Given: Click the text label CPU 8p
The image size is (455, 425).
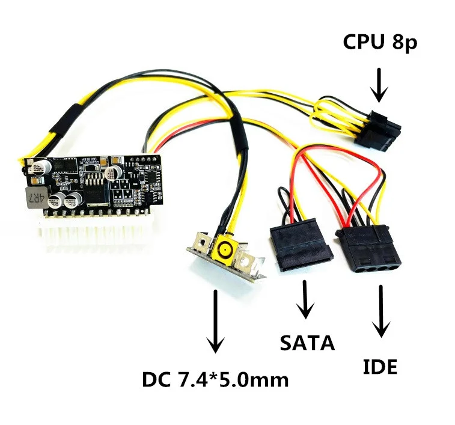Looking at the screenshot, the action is (x=379, y=43).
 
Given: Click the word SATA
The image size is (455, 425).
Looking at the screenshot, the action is (x=307, y=342).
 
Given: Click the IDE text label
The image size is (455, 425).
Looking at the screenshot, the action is (x=380, y=366).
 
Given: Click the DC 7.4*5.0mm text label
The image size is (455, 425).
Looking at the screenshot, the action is (x=215, y=380).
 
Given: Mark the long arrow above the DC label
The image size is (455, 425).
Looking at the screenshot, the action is (x=215, y=322).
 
